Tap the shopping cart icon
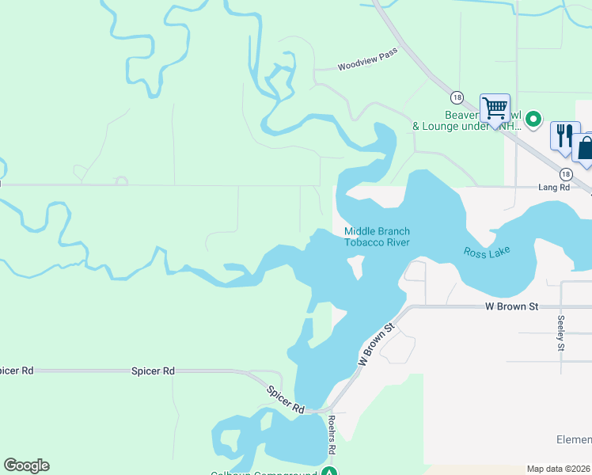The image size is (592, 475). point(495,108)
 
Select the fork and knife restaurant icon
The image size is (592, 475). point(564,135)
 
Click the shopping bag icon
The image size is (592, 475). point(586,148)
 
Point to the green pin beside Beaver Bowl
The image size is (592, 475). point(534,120)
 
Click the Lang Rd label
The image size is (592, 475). point(554,188)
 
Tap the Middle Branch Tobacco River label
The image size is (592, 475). point(377,237)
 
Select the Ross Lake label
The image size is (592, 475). point(487,252)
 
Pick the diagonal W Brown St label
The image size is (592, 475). point(376,344)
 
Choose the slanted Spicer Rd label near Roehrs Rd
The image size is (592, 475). point(286,399)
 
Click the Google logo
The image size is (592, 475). point(26,465)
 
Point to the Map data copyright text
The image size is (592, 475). point(559,469)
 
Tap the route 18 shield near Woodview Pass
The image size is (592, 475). point(457,97)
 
